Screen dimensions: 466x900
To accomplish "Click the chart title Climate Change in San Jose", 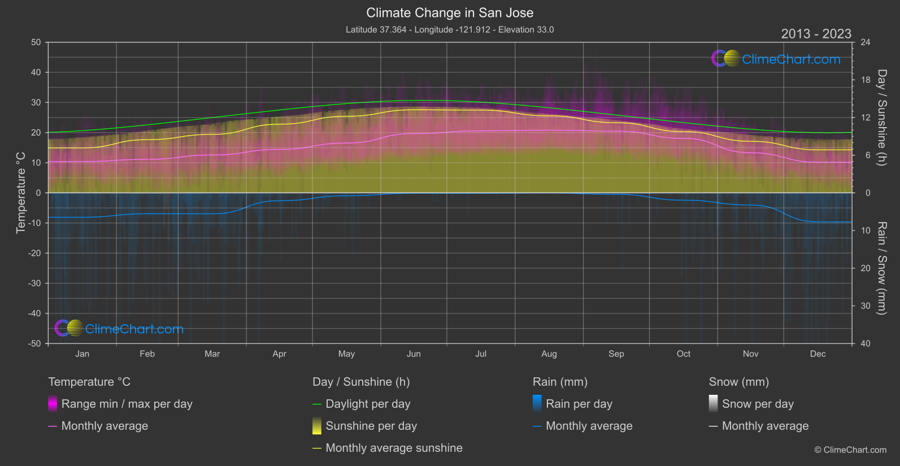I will coord(450,13).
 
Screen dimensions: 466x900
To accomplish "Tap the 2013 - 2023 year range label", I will coord(816,34).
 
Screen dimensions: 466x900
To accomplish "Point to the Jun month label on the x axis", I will coord(414,354).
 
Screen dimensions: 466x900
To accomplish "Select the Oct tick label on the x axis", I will coord(683,354).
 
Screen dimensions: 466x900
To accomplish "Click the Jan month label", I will coord(82,354).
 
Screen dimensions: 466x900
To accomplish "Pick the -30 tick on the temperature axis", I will coord(34,284).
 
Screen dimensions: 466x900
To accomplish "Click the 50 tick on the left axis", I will coord(36,42).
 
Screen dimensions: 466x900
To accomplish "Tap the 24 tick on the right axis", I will coord(865,42).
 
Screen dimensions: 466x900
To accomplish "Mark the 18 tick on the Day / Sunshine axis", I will coord(865,80).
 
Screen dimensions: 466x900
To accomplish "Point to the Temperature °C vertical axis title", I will coord(21,193).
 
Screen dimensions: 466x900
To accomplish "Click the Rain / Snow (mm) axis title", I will coord(881,268).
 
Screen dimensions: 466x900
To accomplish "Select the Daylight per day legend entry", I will coord(368,404).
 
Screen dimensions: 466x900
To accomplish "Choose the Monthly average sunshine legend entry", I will coord(394,448).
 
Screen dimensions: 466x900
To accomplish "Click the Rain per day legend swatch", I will coord(537,404).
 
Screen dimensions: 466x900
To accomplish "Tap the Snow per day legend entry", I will coord(758,404).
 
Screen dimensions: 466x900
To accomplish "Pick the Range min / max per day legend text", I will coord(127,404).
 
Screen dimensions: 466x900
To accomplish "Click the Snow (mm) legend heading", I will coord(738,382).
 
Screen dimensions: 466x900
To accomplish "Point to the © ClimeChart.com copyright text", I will coord(850,450).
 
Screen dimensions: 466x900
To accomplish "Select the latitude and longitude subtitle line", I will coord(450,30).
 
